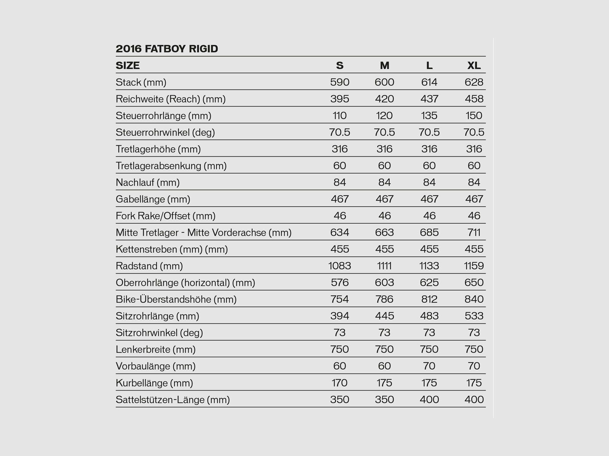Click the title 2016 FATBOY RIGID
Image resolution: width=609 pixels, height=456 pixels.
pos(167,49)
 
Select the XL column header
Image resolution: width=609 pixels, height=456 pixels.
pos(474,66)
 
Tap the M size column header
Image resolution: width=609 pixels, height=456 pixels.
pos(384,66)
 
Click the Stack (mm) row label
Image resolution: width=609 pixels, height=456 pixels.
pos(141,82)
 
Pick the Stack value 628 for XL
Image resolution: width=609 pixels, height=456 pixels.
pos(474,82)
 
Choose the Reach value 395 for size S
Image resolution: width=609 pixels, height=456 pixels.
pos(340,99)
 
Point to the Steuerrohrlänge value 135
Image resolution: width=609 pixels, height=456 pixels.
pos(429,116)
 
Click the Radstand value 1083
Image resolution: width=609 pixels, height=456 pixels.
pos(340,266)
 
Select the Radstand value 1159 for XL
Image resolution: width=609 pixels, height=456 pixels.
pos(474,266)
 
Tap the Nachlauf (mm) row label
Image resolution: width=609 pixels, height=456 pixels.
pos(148,183)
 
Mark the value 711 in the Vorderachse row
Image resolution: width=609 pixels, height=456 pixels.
pos(474,233)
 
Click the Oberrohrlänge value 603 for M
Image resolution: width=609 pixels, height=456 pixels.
pos(384,283)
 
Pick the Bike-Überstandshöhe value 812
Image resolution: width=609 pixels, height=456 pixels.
pos(429,299)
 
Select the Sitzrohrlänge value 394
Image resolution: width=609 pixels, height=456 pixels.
pos(340,316)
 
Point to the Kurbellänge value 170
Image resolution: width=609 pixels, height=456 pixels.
pos(340,383)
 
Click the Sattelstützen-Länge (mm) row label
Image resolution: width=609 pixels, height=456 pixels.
pos(173,400)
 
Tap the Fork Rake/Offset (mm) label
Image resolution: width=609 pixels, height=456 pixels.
pos(166,216)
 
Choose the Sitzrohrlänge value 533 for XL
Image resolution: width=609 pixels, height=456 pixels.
pos(474,316)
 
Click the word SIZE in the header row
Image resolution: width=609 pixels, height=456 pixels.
pos(128,66)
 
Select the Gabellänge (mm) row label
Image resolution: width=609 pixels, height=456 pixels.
pos(153,199)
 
